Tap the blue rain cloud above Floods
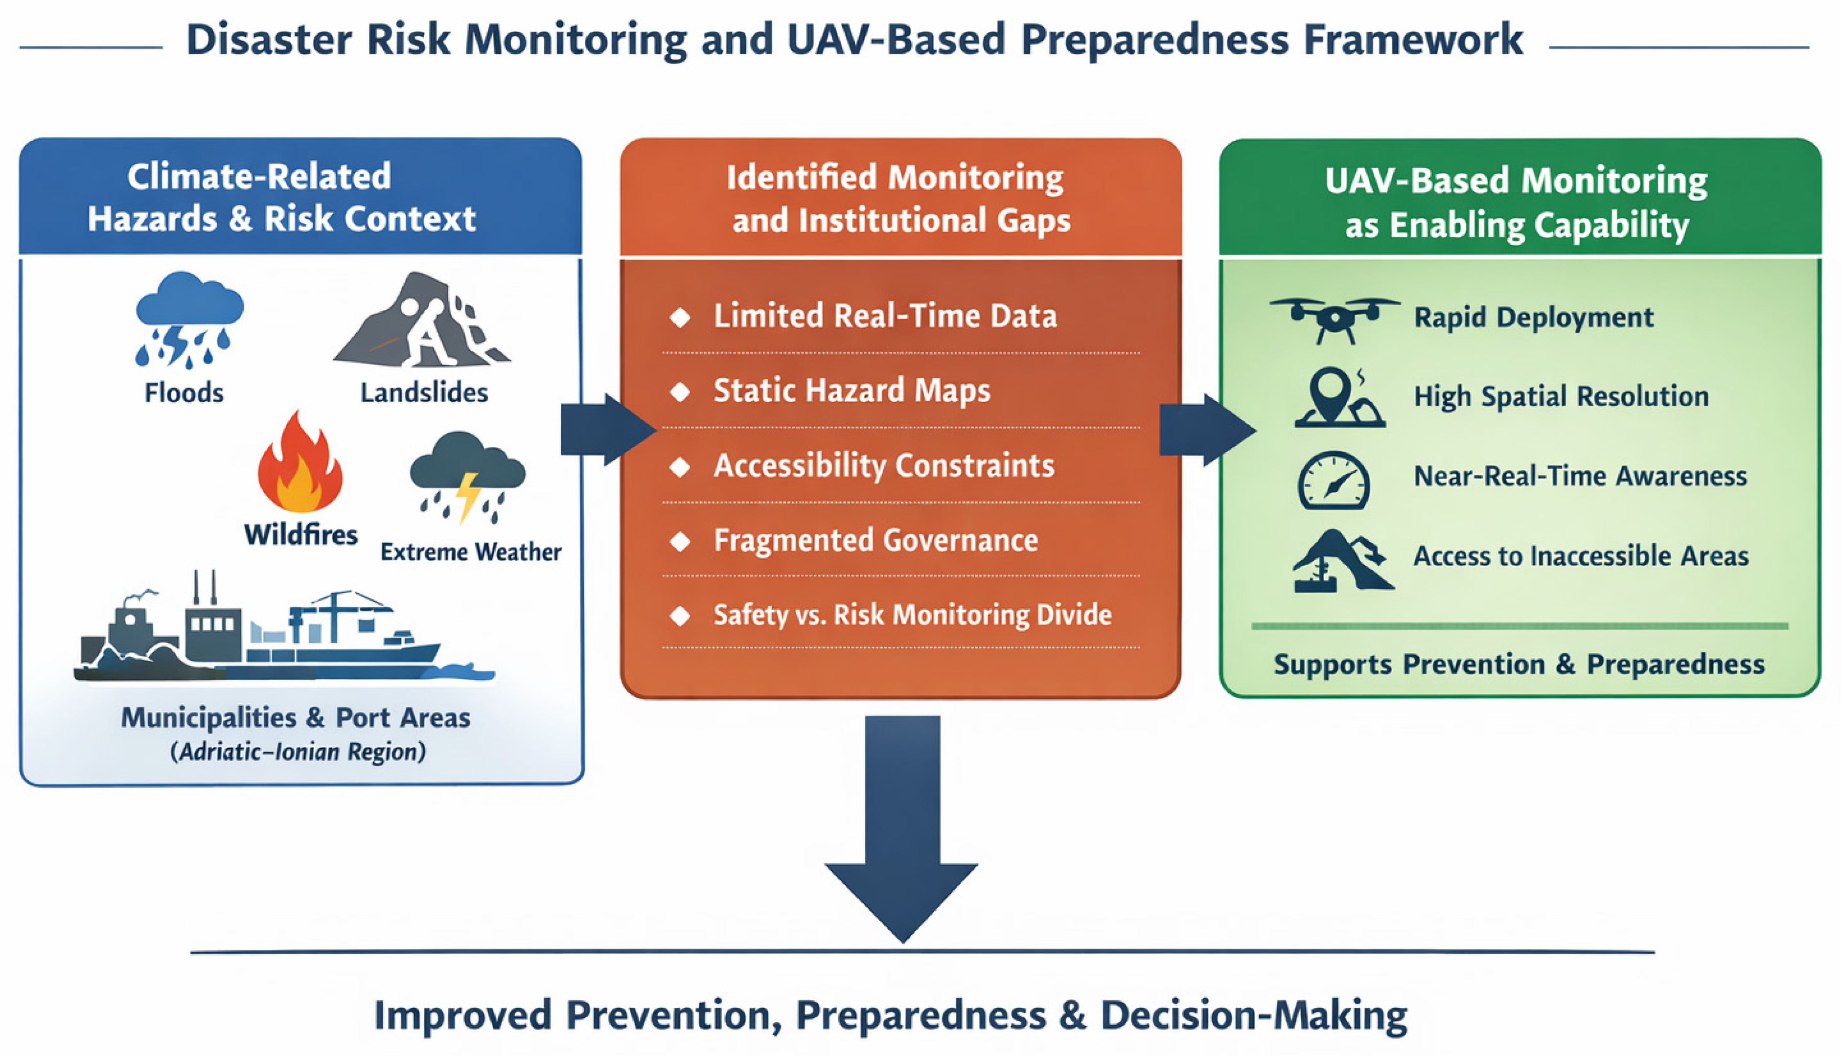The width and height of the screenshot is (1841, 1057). click(x=189, y=320)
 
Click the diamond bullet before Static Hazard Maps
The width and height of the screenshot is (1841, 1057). click(x=680, y=392)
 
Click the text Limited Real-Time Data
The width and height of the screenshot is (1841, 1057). click(x=885, y=316)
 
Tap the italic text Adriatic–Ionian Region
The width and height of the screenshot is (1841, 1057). click(x=298, y=751)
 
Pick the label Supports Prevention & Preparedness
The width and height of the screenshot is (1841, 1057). click(x=1519, y=664)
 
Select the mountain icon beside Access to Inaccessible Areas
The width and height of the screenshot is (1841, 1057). click(x=1343, y=560)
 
